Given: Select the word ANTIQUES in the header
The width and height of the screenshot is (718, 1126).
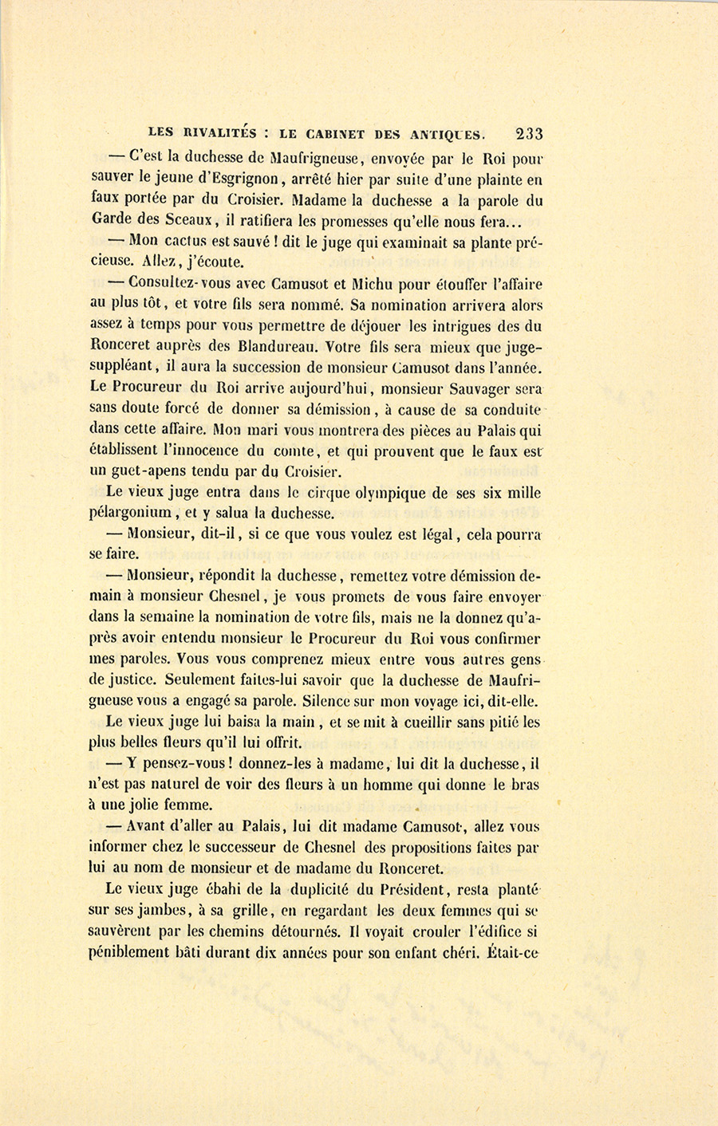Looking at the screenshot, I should [x=445, y=134].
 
